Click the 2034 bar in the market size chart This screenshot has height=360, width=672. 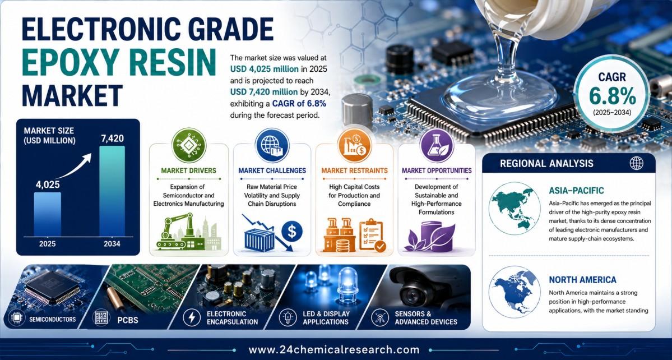(112, 191)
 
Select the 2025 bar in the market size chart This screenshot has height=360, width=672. (47, 214)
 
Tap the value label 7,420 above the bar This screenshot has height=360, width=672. (112, 138)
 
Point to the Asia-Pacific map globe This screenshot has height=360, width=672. (515, 208)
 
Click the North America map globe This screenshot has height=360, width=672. (515, 292)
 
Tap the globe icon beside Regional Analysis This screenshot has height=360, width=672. (636, 163)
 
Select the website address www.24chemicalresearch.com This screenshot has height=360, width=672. (334, 350)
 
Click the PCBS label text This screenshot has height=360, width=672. (127, 320)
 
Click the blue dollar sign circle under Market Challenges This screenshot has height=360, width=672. (292, 232)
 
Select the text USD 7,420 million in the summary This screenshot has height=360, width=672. (263, 92)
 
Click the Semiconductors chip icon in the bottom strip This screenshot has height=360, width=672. (16, 319)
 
